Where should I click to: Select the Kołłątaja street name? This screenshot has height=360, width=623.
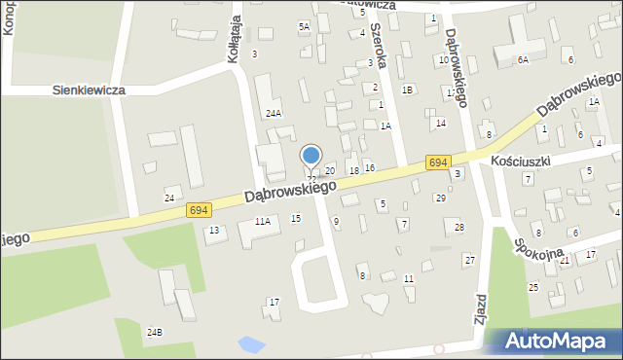[233, 44]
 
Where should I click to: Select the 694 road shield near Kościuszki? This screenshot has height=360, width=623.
[437, 164]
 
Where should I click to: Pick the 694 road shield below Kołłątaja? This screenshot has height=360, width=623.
[199, 209]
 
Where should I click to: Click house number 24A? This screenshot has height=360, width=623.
[275, 114]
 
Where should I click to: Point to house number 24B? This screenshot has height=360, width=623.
[155, 333]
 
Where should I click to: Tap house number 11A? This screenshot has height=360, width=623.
[262, 222]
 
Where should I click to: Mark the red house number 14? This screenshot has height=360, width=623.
[441, 123]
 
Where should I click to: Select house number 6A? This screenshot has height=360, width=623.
[523, 60]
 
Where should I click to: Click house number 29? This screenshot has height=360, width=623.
[441, 198]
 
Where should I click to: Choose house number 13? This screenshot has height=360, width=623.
[214, 231]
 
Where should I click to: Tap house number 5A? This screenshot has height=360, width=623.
[304, 27]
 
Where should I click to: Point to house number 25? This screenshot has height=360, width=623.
[533, 287]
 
